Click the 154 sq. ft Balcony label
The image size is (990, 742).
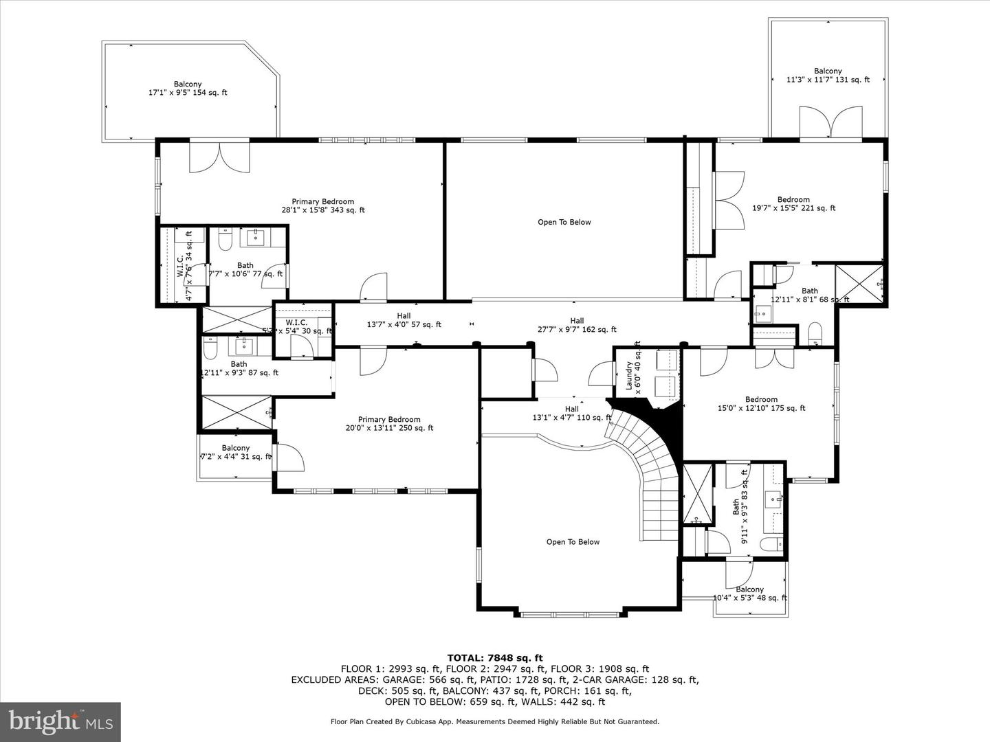(188, 89)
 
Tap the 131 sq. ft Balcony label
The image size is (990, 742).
(828, 76)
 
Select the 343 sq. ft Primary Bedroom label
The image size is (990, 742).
(322, 206)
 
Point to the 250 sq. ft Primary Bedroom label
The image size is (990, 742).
(388, 424)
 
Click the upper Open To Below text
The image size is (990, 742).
(564, 222)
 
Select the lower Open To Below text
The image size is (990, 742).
(573, 542)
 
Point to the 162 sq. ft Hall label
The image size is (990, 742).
(577, 325)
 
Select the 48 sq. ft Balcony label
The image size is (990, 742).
(749, 594)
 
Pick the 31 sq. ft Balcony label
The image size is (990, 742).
(236, 452)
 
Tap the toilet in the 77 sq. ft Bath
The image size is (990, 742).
(225, 240)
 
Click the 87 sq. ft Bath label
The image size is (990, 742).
(239, 368)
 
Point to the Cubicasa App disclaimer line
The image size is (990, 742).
(495, 721)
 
